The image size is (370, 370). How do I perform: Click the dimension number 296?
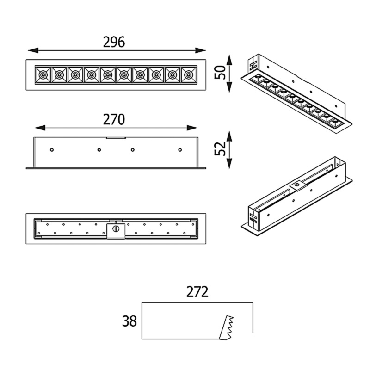114,42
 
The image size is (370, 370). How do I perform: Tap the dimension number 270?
114,120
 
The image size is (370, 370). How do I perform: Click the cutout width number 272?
197,292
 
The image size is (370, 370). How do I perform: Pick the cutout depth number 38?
129,321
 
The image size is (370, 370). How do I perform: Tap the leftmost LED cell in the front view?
43,74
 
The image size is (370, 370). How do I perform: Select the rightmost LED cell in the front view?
188,74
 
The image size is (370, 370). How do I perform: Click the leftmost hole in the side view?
52,149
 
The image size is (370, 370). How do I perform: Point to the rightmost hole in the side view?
180,149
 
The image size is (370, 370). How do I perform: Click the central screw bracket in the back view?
116,229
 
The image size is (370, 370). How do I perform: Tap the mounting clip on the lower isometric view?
296,185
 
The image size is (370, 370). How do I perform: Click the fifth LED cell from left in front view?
107,74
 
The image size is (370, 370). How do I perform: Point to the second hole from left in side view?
99,149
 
